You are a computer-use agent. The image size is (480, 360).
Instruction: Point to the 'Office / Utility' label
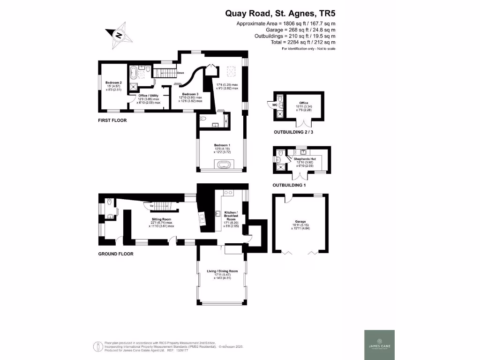click(148, 96)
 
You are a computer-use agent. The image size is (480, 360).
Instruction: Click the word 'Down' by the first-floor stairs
click(180, 73)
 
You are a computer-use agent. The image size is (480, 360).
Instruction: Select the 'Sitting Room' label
click(161, 219)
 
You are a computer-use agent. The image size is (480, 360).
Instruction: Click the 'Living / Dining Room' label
click(223, 271)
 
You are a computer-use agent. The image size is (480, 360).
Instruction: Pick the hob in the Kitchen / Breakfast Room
click(228, 193)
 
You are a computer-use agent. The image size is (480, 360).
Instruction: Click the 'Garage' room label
click(300, 222)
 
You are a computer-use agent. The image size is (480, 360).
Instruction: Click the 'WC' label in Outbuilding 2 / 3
click(275, 105)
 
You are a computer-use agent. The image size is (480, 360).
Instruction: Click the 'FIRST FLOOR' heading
click(112, 120)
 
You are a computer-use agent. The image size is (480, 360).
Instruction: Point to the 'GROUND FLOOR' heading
click(115, 254)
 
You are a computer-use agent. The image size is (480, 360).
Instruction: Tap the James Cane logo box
click(379, 345)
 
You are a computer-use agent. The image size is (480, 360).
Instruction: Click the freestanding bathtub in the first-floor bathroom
click(134, 73)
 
